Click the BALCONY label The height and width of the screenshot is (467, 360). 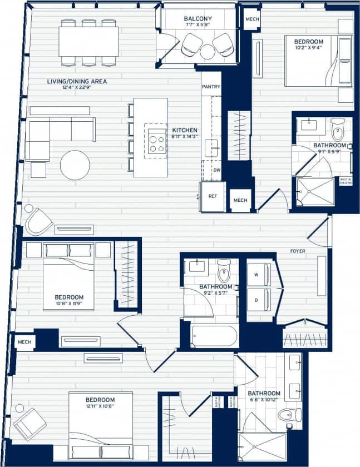click(x=198, y=19)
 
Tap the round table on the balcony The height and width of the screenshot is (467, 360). click(x=208, y=52)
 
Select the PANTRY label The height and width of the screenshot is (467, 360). click(x=211, y=87)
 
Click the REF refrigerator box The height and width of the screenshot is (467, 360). click(x=213, y=197)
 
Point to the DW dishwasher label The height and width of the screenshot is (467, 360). click(x=216, y=171)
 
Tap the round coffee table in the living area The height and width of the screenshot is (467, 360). click(x=75, y=165)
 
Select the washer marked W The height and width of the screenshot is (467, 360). click(x=259, y=274)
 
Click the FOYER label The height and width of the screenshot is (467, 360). click(x=298, y=251)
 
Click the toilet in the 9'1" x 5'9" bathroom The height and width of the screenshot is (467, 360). click(x=338, y=130)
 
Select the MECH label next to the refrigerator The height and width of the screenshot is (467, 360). click(x=240, y=200)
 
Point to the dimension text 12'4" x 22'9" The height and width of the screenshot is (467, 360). click(x=76, y=88)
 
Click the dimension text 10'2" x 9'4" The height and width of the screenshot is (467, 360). click(x=308, y=48)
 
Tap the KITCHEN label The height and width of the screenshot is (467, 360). click(x=185, y=130)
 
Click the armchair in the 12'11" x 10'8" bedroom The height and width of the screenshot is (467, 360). click(x=29, y=423)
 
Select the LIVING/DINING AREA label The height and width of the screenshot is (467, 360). click(x=77, y=81)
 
